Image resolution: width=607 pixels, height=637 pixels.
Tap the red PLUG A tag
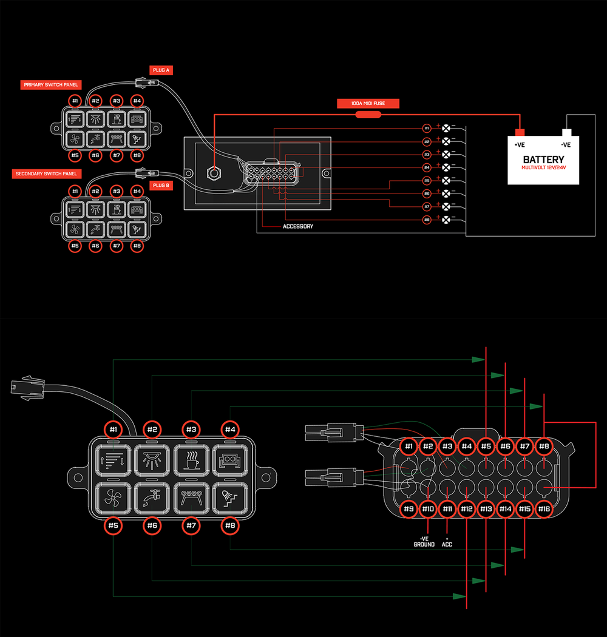coord(161,70)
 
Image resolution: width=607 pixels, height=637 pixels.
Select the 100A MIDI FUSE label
coord(368,104)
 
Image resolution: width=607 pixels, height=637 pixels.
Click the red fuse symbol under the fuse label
coord(367,113)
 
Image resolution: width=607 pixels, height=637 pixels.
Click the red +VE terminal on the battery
coord(520,132)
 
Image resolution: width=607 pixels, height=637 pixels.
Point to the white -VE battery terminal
coord(567,132)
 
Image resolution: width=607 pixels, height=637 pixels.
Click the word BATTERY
coord(543,160)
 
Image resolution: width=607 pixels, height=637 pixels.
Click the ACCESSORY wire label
coord(298,226)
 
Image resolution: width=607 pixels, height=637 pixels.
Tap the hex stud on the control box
coord(214,172)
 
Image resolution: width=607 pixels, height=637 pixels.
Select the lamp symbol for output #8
coord(447,219)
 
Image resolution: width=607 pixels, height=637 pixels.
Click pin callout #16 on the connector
coord(544,509)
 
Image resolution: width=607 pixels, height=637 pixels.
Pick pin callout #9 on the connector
coord(409,509)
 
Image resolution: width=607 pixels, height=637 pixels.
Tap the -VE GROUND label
coord(424,541)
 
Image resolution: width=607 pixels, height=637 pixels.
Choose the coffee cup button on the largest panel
coord(191,460)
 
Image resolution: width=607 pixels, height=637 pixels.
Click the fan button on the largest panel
coord(113,499)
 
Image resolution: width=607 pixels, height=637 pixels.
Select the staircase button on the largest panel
coord(230,499)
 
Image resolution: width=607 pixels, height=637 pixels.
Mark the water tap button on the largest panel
coord(152,499)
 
